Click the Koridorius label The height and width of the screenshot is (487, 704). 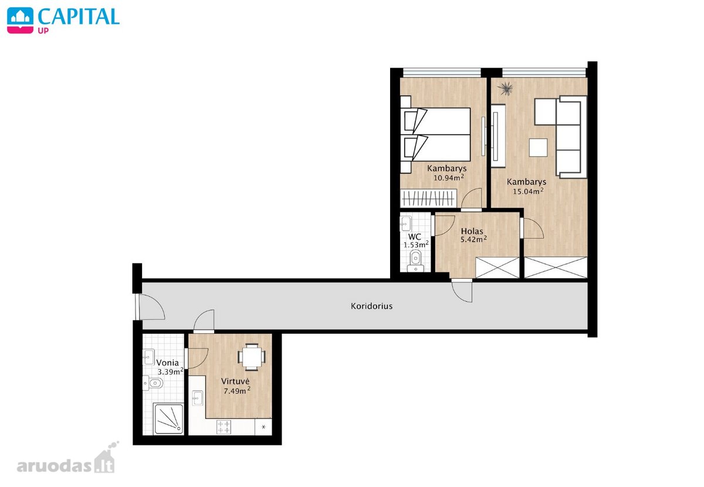click(x=371, y=306)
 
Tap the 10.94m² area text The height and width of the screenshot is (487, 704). click(x=448, y=178)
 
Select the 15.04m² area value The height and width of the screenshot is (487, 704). click(x=528, y=191)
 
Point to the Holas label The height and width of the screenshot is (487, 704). click(x=472, y=231)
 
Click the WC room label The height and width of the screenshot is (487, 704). click(x=415, y=236)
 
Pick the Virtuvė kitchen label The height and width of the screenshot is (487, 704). click(x=235, y=381)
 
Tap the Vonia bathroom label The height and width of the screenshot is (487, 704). click(x=168, y=363)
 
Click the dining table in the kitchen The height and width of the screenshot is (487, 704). click(x=252, y=357)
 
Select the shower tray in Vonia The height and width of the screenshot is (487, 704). click(x=168, y=419)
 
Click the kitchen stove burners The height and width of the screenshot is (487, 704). click(x=224, y=427)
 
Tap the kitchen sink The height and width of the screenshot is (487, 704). click(x=197, y=398)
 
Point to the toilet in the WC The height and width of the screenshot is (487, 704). click(x=415, y=261)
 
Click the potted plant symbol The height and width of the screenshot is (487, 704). click(x=506, y=89)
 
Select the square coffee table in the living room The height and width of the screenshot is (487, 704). click(x=538, y=147)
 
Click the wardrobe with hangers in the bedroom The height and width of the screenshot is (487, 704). click(x=428, y=198)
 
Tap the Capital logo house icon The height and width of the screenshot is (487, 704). click(x=20, y=21)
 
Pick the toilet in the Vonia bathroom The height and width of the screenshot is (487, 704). click(x=153, y=383)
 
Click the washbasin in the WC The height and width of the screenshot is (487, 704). click(x=406, y=224)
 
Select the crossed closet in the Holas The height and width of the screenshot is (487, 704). click(x=497, y=268)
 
